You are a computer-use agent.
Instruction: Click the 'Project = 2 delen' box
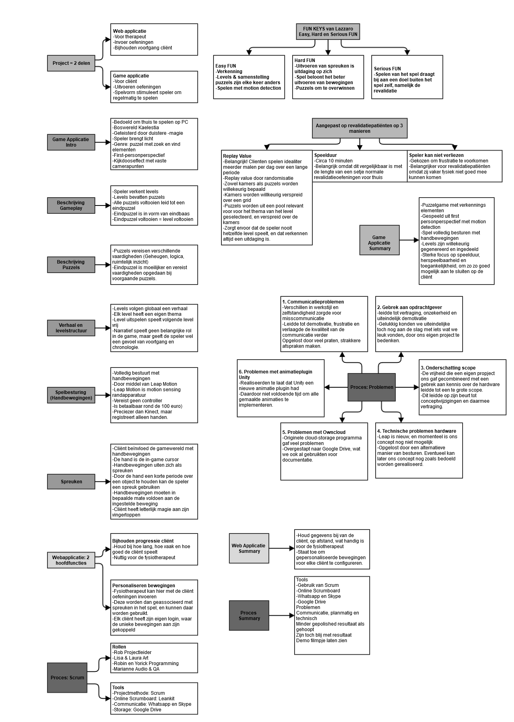point(71,63)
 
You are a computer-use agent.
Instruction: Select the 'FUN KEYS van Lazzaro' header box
point(328,32)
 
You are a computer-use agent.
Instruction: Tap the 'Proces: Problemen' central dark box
point(372,387)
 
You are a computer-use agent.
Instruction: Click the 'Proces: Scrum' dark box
point(67,677)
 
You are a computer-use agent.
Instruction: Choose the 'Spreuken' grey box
point(71,482)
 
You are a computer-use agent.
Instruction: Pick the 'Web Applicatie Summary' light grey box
point(249,548)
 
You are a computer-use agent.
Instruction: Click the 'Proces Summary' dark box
point(249,615)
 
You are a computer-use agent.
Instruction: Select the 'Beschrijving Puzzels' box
point(71,265)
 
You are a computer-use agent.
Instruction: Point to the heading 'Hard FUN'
point(305,60)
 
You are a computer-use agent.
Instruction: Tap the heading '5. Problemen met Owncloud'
point(314,432)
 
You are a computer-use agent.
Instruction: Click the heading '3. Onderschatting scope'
point(448,368)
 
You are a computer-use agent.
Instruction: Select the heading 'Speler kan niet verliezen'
point(437,155)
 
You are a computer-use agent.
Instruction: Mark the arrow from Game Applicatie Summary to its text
point(409,240)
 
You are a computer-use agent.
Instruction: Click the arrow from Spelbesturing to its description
point(103,395)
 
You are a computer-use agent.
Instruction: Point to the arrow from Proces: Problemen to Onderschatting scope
point(407,387)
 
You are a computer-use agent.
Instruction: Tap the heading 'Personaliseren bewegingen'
point(144,586)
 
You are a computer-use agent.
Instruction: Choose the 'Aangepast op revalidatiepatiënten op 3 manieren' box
point(359,128)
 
